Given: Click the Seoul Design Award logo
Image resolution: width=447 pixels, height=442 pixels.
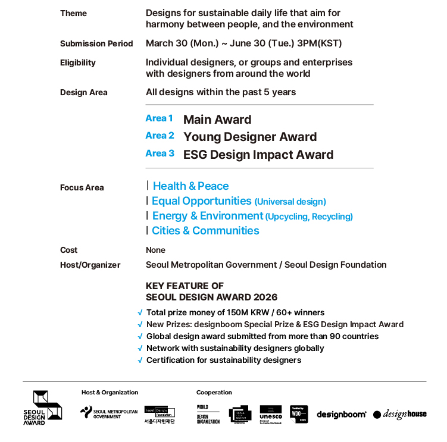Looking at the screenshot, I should click(x=42, y=407).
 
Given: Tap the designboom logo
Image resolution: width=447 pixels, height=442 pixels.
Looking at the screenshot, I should click(x=341, y=415).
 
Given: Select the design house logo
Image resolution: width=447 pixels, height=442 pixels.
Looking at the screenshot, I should click(x=400, y=414).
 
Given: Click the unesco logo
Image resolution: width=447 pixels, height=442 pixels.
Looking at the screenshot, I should click(x=271, y=413).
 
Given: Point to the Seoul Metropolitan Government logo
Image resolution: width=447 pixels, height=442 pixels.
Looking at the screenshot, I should click(x=109, y=413).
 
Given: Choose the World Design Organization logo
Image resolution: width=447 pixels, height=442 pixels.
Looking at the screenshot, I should click(x=208, y=414).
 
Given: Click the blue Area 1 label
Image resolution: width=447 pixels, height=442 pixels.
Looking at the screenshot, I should click(x=160, y=118).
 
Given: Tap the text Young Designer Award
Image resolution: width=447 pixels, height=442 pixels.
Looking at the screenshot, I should click(x=250, y=137).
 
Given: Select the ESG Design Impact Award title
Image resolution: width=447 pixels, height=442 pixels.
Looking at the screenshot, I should click(x=258, y=155).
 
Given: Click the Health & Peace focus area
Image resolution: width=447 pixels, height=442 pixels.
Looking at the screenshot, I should click(x=190, y=186).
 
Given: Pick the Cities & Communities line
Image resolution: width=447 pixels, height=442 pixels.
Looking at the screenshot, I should click(x=205, y=231).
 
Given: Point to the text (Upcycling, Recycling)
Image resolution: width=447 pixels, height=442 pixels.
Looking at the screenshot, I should click(x=309, y=217).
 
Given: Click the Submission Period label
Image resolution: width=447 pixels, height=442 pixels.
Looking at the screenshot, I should click(x=96, y=43).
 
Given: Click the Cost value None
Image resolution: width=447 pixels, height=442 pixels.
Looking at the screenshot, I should click(x=155, y=250).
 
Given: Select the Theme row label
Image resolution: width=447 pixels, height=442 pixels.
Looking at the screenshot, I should click(x=73, y=13).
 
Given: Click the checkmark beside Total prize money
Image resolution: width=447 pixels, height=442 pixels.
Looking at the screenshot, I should click(x=140, y=312).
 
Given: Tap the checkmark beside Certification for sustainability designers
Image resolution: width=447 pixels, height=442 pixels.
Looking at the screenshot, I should click(x=140, y=360).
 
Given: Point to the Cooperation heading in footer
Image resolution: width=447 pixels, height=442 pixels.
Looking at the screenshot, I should click(x=214, y=393).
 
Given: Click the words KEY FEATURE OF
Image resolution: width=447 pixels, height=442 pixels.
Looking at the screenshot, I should click(x=185, y=286).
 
